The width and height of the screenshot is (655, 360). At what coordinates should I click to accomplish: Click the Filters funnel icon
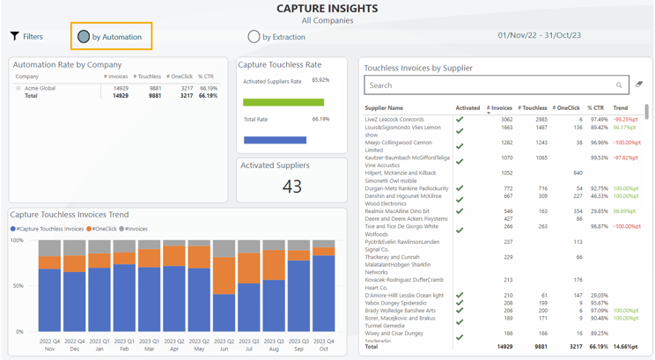15,36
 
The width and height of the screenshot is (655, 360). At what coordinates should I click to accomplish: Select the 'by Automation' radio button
84,37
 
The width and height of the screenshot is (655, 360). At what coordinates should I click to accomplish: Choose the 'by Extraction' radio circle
254,37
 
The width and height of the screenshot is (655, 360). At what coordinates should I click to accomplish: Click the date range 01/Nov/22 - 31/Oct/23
539,36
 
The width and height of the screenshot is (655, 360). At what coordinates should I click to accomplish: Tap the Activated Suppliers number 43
291,186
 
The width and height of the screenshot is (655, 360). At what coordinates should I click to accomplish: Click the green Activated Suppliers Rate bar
283,102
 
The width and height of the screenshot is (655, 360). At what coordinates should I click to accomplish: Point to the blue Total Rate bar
274,140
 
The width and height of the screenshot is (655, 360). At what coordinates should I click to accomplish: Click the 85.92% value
320,81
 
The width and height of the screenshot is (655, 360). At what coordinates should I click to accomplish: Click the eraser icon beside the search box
639,85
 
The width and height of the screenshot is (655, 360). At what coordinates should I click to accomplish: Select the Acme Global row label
40,88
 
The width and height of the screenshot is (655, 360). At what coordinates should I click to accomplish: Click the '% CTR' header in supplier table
596,108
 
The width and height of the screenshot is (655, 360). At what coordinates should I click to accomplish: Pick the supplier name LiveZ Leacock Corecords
394,120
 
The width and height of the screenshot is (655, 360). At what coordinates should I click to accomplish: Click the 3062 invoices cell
506,120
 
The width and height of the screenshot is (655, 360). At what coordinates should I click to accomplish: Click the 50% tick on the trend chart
17,286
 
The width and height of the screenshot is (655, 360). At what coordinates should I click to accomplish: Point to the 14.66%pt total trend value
625,347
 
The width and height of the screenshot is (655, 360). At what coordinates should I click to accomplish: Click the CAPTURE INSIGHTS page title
327,9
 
